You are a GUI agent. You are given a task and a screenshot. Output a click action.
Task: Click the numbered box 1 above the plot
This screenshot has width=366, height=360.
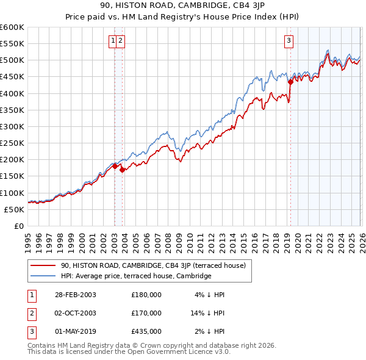(113, 41)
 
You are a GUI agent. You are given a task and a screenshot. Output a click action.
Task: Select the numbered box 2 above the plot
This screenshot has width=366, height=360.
(121, 41)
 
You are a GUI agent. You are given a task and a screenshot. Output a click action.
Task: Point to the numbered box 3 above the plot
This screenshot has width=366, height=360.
(289, 41)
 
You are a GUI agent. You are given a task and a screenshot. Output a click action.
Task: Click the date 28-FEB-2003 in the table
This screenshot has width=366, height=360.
(75, 295)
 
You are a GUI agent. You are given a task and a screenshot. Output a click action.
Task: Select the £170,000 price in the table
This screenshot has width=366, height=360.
(146, 313)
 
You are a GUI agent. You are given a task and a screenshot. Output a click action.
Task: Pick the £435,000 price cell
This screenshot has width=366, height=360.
(146, 331)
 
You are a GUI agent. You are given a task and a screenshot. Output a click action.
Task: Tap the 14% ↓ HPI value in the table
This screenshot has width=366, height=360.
(208, 313)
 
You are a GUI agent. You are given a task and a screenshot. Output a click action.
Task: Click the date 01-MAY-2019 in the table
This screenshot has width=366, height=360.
(76, 331)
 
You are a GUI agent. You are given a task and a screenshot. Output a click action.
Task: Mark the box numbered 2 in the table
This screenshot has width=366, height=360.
(32, 313)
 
